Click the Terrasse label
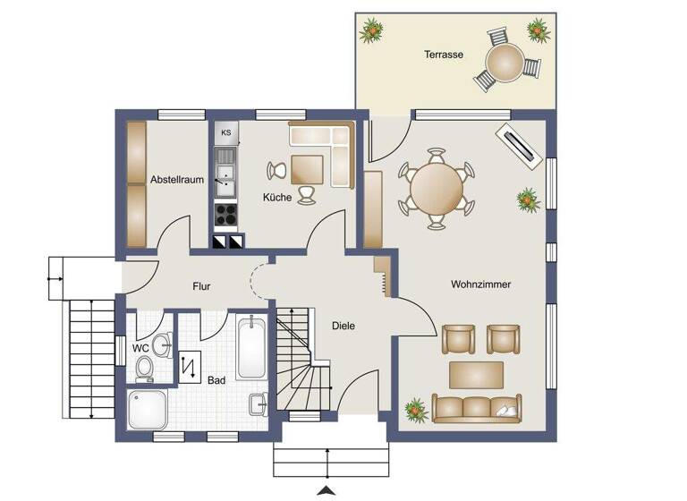point(444,55)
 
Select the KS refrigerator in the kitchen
point(226,134)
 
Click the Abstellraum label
point(177,179)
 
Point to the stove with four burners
point(226,216)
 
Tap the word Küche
point(276,197)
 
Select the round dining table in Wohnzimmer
point(437,187)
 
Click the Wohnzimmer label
point(480,284)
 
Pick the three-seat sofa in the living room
point(476,407)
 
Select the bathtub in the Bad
point(250,346)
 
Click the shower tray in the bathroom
point(149,410)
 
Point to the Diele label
point(343,326)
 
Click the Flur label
point(201,287)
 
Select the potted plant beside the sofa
point(415,411)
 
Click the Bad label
point(216,380)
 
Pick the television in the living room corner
point(519,144)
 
